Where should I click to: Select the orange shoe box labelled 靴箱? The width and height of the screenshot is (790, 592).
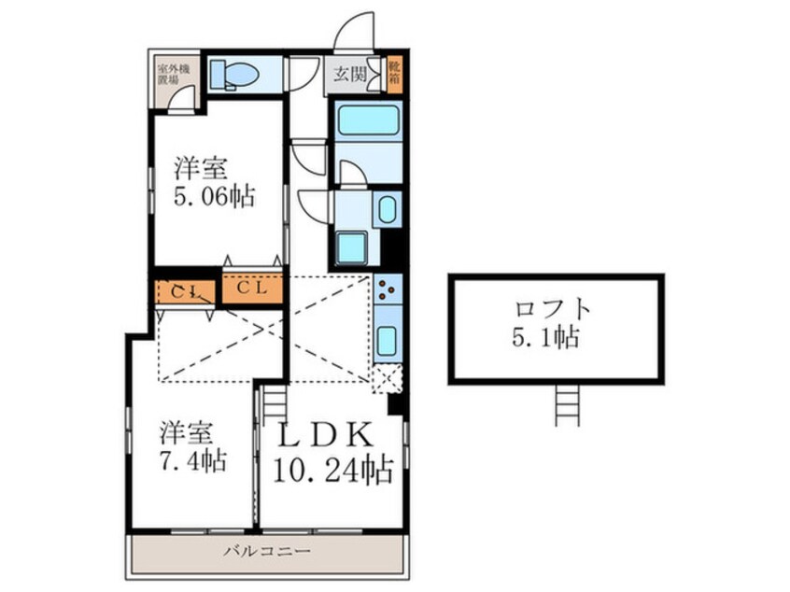tap(394, 75)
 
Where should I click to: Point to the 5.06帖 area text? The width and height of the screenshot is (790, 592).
tap(214, 198)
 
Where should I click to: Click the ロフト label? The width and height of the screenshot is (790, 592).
tap(555, 309)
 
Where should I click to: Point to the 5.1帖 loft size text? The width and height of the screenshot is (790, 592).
tap(555, 337)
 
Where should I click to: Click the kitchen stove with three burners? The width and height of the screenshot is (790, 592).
tap(388, 291)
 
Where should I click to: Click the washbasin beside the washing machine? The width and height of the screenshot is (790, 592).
tap(386, 209)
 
